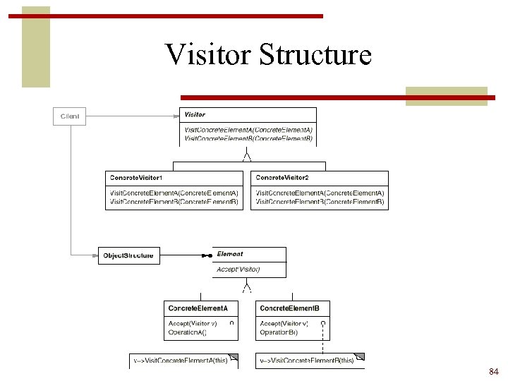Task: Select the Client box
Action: [x=70, y=116]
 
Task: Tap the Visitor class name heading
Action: [x=195, y=114]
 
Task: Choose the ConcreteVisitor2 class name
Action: [x=282, y=177]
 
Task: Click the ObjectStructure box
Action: [x=128, y=255]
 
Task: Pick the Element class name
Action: [x=230, y=254]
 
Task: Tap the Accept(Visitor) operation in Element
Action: [x=238, y=270]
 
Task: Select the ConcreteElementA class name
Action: [x=198, y=308]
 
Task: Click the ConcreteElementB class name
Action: [x=290, y=308]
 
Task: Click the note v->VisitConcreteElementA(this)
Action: [x=182, y=360]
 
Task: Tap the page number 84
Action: [x=493, y=371]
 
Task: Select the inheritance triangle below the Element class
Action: [x=247, y=286]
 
